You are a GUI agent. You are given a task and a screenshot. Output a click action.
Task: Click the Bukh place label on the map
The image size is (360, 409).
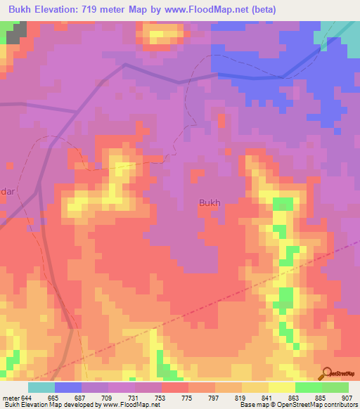click(x=210, y=203)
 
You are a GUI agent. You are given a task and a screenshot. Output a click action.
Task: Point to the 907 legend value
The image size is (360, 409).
click(x=348, y=397)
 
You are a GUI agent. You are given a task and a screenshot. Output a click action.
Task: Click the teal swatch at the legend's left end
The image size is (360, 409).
click(x=41, y=387)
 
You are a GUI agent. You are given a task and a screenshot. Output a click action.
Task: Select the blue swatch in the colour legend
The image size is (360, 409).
click(x=67, y=387)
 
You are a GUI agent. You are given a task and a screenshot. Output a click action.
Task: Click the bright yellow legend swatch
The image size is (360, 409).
click(x=281, y=387)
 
